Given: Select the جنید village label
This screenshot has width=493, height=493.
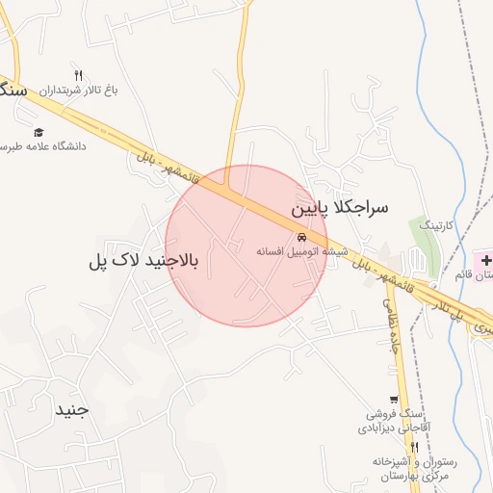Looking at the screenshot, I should (x=71, y=409).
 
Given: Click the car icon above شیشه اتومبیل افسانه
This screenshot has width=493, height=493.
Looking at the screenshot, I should (x=301, y=237).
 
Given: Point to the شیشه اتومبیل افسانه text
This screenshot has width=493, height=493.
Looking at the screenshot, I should (x=301, y=250).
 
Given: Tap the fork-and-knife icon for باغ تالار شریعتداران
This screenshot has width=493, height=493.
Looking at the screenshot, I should (x=78, y=75).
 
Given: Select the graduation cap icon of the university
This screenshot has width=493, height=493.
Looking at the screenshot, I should (x=39, y=133).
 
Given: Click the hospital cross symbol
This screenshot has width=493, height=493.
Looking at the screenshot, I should (x=486, y=260).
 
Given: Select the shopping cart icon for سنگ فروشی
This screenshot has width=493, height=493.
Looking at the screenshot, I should (x=393, y=400).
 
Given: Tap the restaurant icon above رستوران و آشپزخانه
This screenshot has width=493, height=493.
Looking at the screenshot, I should (x=414, y=447).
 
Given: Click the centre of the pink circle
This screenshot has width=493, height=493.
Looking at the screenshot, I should (x=246, y=246).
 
